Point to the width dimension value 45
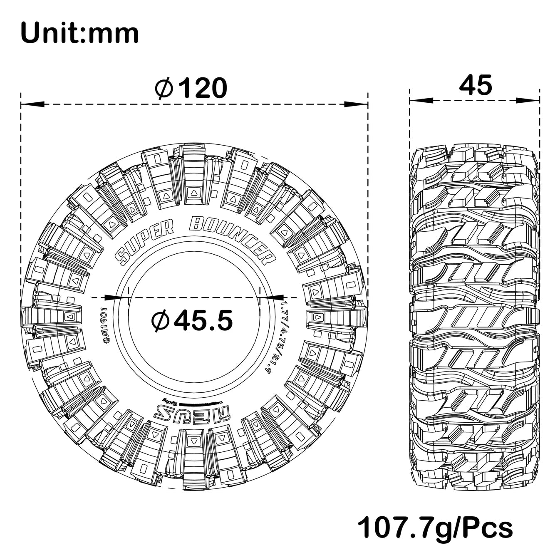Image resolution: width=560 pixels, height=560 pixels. (x=475, y=85)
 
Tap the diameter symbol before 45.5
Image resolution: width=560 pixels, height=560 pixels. (x=161, y=321)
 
